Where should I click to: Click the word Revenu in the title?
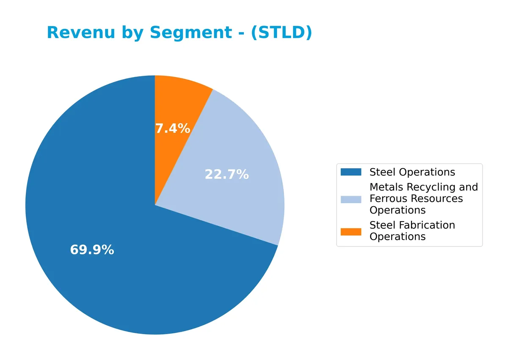[75, 33]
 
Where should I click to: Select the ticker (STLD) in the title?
[281, 33]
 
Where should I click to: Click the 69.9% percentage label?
[92, 250]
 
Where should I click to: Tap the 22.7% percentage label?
[226, 174]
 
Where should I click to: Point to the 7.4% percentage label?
[172, 128]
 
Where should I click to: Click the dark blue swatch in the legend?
[351, 172]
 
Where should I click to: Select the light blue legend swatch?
[351, 199]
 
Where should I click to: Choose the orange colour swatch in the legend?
[351, 231]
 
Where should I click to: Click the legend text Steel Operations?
[412, 172]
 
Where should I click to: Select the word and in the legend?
[469, 187]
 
